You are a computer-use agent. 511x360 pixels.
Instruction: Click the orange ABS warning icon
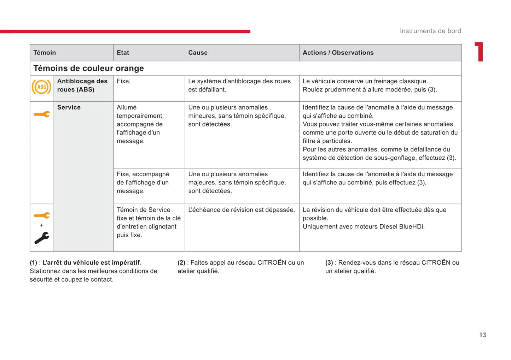[41, 87]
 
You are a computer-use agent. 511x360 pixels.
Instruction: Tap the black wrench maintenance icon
[42, 238]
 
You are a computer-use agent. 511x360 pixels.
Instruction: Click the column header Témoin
[45, 53]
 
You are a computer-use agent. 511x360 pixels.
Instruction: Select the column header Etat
[123, 53]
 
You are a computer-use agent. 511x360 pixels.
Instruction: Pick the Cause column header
[198, 53]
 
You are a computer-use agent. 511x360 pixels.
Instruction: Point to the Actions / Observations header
[338, 53]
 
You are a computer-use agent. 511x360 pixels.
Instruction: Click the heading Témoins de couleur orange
[88, 68]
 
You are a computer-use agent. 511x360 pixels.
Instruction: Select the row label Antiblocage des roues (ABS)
[82, 85]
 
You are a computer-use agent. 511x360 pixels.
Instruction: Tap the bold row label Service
[69, 107]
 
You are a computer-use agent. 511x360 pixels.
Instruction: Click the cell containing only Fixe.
[123, 81]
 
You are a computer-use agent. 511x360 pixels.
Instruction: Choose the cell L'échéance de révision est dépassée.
[241, 210]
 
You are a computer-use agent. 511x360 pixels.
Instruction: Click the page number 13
[483, 335]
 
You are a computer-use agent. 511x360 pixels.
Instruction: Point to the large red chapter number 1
[479, 52]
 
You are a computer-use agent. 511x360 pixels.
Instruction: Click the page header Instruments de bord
[430, 31]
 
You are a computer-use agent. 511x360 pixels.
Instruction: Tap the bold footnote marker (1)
[34, 263]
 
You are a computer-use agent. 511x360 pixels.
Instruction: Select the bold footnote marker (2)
[181, 263]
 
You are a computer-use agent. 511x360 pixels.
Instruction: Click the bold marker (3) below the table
[329, 263]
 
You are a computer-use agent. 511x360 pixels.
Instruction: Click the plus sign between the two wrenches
[42, 225]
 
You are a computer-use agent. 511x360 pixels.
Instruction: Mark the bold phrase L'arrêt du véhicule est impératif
[91, 263]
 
